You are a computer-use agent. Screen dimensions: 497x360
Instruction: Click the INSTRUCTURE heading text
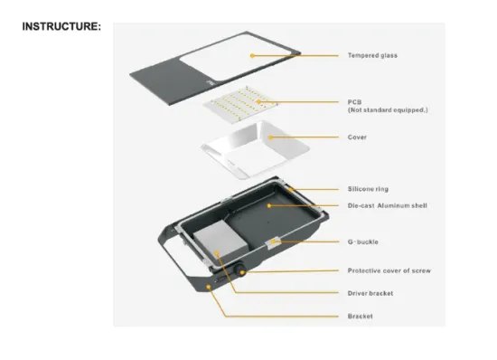61,26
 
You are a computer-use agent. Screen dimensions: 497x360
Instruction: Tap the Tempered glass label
372,55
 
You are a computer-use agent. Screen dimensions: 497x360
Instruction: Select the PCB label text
355,102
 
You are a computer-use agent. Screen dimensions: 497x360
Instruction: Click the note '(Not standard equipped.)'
388,110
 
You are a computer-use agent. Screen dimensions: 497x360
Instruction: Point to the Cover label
357,137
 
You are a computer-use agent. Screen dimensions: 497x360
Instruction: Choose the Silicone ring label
368,189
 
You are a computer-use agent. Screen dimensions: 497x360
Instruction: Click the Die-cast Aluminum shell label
388,205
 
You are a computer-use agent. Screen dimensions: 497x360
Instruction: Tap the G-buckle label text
363,242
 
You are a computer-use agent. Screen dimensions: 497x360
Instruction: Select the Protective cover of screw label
389,270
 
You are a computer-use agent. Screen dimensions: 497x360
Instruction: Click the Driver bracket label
370,293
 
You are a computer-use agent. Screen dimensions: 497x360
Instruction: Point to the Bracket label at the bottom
360,317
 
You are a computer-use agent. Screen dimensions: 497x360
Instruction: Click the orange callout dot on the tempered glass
252,56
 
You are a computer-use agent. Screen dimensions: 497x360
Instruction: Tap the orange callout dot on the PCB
258,102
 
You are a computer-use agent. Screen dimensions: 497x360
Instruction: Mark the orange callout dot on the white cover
270,137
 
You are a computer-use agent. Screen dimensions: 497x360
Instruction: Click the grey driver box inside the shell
220,242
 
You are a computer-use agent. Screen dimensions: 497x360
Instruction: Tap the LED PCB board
241,103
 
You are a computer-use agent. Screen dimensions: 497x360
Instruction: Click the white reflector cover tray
255,149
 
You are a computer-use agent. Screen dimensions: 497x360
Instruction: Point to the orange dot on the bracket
209,287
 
